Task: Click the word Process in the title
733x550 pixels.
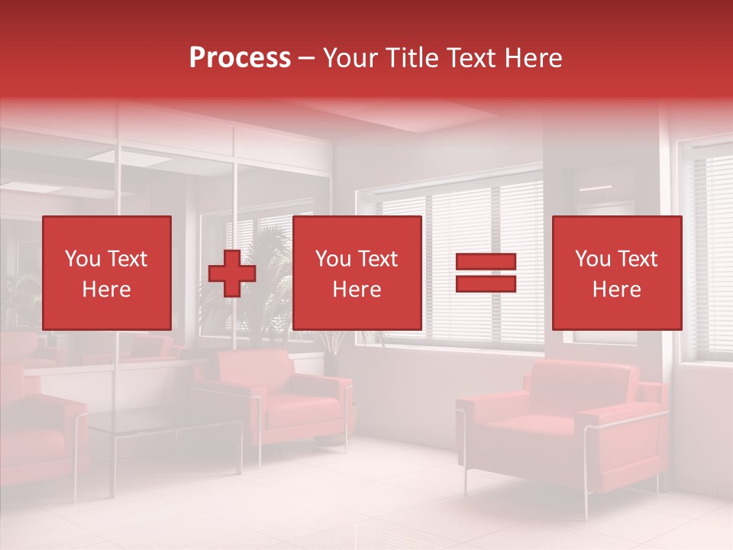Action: pyautogui.click(x=240, y=58)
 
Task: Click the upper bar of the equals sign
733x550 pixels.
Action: pyautogui.click(x=486, y=262)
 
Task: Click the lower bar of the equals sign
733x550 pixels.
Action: pyautogui.click(x=486, y=284)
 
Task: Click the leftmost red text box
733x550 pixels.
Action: pyautogui.click(x=106, y=273)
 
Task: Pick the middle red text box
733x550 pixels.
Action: pyautogui.click(x=357, y=273)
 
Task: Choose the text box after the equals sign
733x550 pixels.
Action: pyautogui.click(x=616, y=273)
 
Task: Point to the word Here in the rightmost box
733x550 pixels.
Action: pyautogui.click(x=616, y=290)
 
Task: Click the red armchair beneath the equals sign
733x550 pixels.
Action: pyautogui.click(x=565, y=428)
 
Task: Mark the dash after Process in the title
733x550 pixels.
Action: pyautogui.click(x=307, y=58)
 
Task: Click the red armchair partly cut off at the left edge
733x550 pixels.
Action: pyautogui.click(x=38, y=435)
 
